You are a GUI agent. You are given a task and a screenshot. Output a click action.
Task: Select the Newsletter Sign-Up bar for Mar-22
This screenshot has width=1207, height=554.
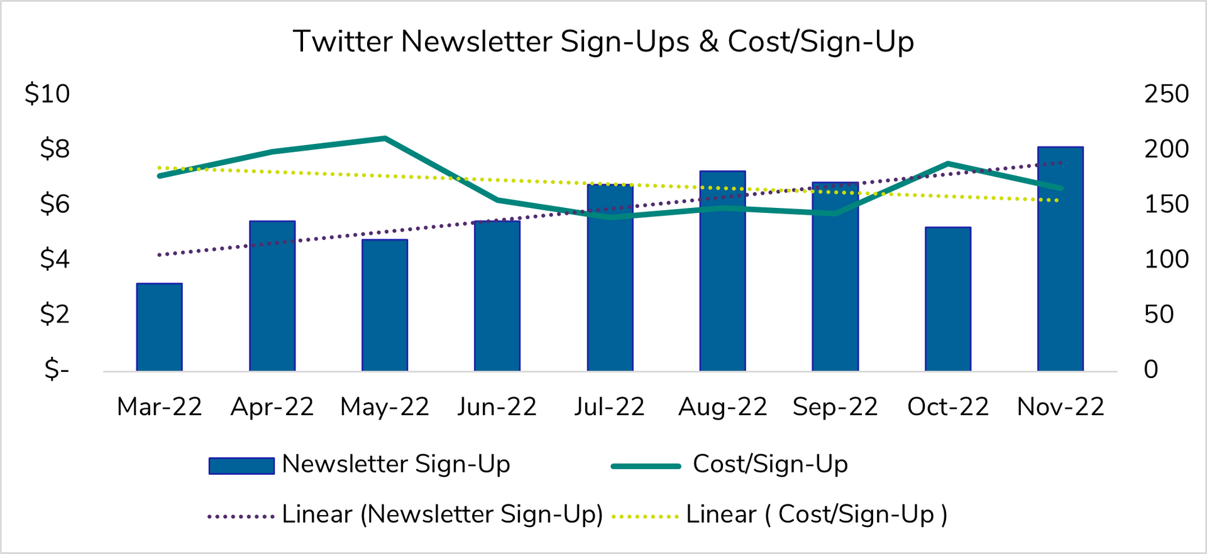(159, 327)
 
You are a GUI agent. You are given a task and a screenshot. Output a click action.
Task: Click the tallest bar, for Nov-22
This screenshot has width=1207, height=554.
(1060, 259)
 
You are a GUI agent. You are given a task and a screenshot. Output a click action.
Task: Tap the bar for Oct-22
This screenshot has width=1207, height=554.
(947, 299)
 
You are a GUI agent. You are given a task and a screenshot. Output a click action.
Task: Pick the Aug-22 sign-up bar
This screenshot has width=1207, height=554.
(722, 271)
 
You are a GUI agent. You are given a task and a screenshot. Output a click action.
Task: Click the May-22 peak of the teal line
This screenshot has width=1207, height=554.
(385, 138)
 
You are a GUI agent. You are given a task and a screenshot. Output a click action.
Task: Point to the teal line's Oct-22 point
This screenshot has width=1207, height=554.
(947, 164)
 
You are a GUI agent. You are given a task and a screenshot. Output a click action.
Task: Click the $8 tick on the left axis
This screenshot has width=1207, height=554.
(55, 149)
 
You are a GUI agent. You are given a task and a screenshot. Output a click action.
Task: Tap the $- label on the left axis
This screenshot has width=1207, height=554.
(57, 369)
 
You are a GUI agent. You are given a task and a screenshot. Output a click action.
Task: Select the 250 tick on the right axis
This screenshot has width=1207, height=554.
(1166, 94)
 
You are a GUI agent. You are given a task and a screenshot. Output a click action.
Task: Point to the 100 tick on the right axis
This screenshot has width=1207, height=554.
(1166, 259)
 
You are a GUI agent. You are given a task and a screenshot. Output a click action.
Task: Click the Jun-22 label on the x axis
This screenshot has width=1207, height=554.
(497, 407)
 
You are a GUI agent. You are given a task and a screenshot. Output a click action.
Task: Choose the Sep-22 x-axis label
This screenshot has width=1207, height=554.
(835, 407)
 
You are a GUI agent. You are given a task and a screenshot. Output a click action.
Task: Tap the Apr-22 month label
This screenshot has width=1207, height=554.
(272, 407)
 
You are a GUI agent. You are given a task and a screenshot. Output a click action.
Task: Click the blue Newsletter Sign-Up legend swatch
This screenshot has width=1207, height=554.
(241, 465)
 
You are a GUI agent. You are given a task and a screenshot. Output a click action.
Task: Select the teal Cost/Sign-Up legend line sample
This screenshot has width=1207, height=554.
(646, 466)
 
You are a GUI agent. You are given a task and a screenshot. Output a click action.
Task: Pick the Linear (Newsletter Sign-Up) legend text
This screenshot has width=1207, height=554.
(442, 514)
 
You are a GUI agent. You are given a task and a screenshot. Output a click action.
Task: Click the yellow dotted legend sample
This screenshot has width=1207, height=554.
(645, 516)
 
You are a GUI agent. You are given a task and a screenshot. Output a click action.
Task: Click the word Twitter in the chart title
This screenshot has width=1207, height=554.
(343, 42)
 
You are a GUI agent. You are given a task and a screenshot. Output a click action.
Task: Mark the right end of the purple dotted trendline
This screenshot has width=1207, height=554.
(1061, 163)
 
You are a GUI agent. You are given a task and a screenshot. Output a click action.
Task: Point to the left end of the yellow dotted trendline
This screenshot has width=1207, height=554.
(160, 168)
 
